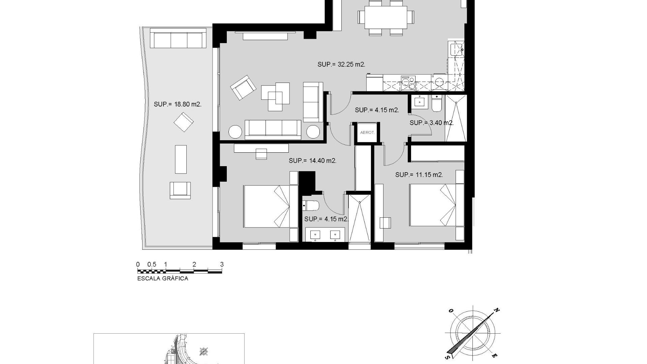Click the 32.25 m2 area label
[341, 64]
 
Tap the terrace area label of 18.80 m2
[178, 104]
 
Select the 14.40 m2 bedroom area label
[312, 161]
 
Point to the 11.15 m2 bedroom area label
[419, 175]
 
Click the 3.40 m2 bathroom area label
[432, 123]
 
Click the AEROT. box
[367, 132]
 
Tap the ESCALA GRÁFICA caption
[163, 278]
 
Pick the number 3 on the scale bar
[222, 265]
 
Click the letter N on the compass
[496, 310]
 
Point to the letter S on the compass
[448, 357]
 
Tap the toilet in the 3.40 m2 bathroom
[436, 103]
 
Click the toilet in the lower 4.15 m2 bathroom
[310, 205]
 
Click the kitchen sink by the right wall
[456, 49]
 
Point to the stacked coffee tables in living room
[275, 97]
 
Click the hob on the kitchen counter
[408, 83]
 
